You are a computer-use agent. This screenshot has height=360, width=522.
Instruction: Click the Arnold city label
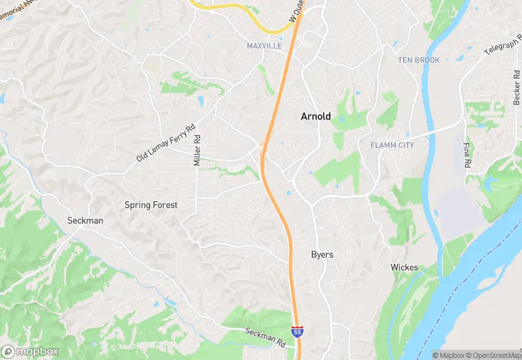tap(315, 117)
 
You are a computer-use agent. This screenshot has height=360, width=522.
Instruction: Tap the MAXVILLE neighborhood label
tap(264, 46)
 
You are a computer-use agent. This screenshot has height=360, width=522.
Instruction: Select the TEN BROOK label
tap(418, 60)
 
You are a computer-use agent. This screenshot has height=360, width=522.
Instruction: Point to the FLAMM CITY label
tap(391, 145)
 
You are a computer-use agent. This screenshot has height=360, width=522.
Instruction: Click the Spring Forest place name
tap(150, 205)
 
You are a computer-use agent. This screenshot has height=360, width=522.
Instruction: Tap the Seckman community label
tap(85, 221)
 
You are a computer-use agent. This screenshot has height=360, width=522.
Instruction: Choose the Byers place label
tap(321, 255)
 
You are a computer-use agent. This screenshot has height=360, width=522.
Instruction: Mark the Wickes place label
tap(404, 267)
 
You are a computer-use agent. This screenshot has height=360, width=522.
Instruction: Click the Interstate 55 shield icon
tap(297, 332)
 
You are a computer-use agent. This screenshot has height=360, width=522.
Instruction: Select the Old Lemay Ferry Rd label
tap(166, 142)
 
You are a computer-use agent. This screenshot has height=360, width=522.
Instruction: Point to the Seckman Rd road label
tap(264, 335)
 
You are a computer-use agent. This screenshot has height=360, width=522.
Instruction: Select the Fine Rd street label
tap(466, 157)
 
